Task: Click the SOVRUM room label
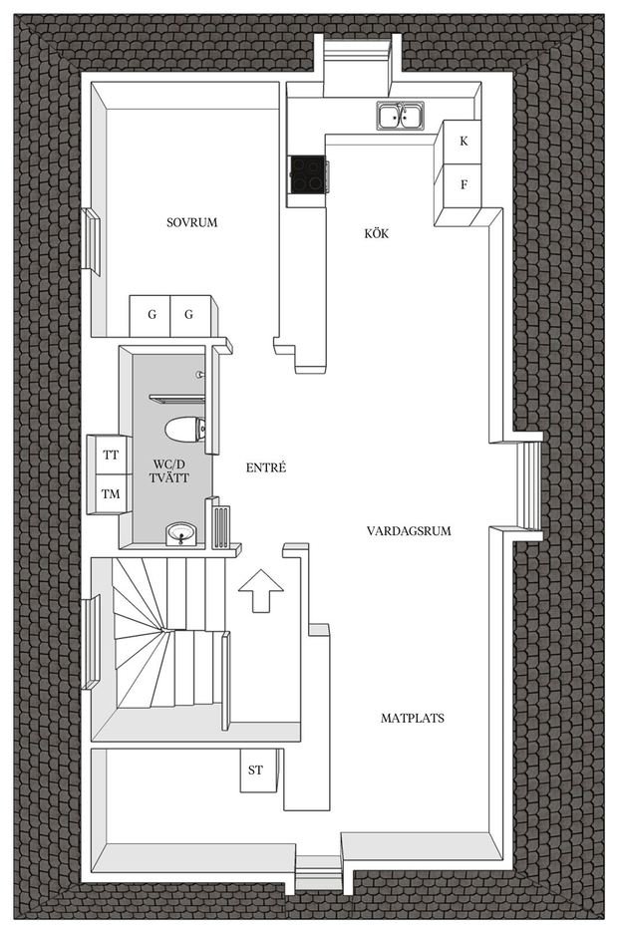192,222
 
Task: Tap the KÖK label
376,234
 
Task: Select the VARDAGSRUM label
409,531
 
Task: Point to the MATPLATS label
413,718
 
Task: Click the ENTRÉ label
266,467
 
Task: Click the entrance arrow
261,590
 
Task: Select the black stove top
307,175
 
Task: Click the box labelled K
463,142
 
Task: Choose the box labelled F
463,184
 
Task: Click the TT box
111,456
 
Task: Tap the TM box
111,493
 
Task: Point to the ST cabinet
255,770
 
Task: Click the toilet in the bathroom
185,430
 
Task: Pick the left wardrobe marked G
152,315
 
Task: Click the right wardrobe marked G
188,315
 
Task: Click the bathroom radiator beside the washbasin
221,524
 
